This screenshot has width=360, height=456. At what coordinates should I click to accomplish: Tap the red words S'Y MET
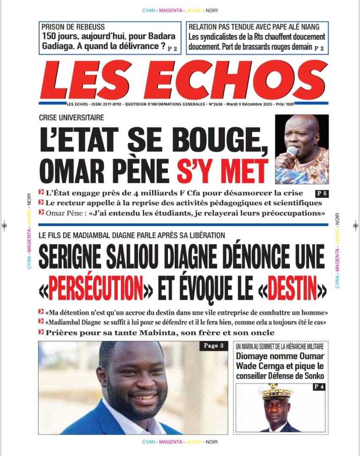pyautogui.click(x=228, y=170)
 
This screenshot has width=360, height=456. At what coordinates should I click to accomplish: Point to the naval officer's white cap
pyautogui.click(x=276, y=393)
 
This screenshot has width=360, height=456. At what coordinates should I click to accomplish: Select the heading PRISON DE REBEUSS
pyautogui.click(x=73, y=27)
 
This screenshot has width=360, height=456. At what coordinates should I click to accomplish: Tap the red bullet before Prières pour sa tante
pyautogui.click(x=41, y=333)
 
